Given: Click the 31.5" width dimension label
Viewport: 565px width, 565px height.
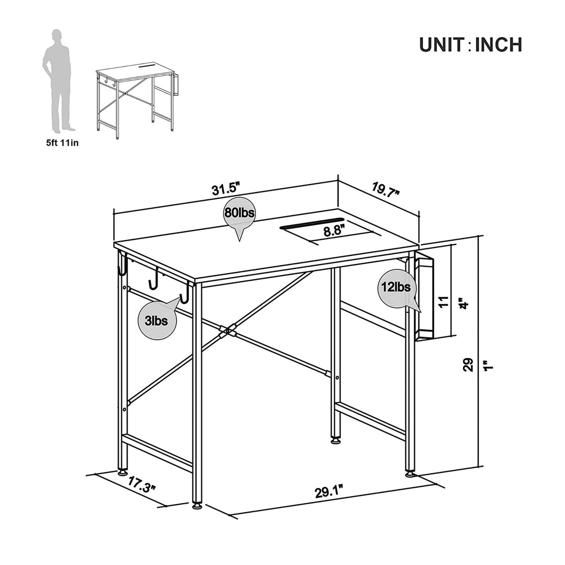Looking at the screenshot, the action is (x=226, y=188).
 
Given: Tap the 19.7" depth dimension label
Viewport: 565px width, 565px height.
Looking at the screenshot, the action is (x=386, y=189).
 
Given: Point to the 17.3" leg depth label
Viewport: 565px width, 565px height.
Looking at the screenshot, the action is (x=142, y=484).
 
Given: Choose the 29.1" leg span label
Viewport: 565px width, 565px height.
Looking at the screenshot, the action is (x=329, y=491).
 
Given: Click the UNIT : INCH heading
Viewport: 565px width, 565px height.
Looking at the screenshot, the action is (x=471, y=44).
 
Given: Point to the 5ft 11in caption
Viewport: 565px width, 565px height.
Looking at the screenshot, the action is (x=62, y=143).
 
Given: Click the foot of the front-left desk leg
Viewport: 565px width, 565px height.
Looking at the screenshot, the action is (x=197, y=506).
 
